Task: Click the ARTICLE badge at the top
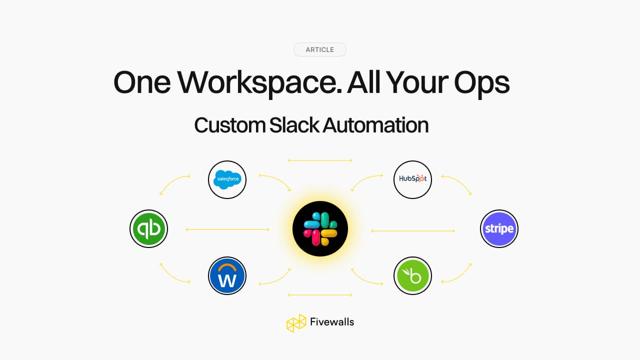(x=319, y=49)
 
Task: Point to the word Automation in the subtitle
(x=375, y=125)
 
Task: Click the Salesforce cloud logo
(x=227, y=179)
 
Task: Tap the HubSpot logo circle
(x=412, y=179)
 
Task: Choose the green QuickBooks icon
(x=148, y=229)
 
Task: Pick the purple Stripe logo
(x=499, y=229)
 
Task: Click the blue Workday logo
(x=227, y=275)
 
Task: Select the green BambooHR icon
(x=412, y=275)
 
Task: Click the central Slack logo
(x=320, y=229)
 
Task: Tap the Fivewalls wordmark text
(x=331, y=322)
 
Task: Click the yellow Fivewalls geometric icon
(x=296, y=323)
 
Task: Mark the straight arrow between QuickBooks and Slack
(x=227, y=229)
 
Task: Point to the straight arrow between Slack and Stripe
(x=413, y=230)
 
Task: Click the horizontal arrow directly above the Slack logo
(x=320, y=160)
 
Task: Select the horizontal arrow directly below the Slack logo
(x=320, y=295)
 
